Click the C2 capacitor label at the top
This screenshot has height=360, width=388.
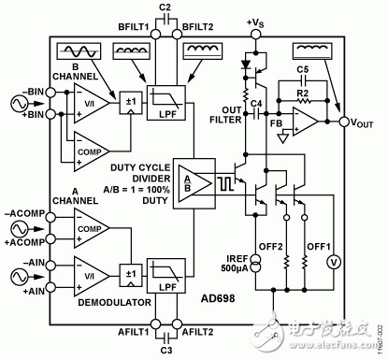point(165,7)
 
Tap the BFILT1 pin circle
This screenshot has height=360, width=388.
point(155,34)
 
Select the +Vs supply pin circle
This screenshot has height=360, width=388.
point(255,34)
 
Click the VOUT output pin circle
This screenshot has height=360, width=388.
point(344,122)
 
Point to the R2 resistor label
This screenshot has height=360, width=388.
point(302,94)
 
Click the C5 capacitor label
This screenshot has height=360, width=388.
point(302,69)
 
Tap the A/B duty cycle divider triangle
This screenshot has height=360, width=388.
point(194,183)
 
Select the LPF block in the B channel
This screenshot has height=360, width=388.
point(165,103)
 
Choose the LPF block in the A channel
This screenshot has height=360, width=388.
point(165,276)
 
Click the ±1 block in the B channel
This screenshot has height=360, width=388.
point(131,103)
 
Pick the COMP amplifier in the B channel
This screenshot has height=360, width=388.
point(92,151)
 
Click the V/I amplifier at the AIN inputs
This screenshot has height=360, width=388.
point(92,276)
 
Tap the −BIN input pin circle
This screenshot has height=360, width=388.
point(50,93)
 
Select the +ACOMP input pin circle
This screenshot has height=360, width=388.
point(50,239)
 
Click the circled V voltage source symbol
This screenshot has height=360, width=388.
point(334,263)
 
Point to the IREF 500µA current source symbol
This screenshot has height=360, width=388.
point(255,264)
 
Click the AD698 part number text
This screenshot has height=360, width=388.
point(218,298)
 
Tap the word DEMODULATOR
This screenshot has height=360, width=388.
point(114,302)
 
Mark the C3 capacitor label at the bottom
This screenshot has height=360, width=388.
point(166,351)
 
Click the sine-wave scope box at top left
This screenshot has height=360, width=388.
point(79,51)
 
